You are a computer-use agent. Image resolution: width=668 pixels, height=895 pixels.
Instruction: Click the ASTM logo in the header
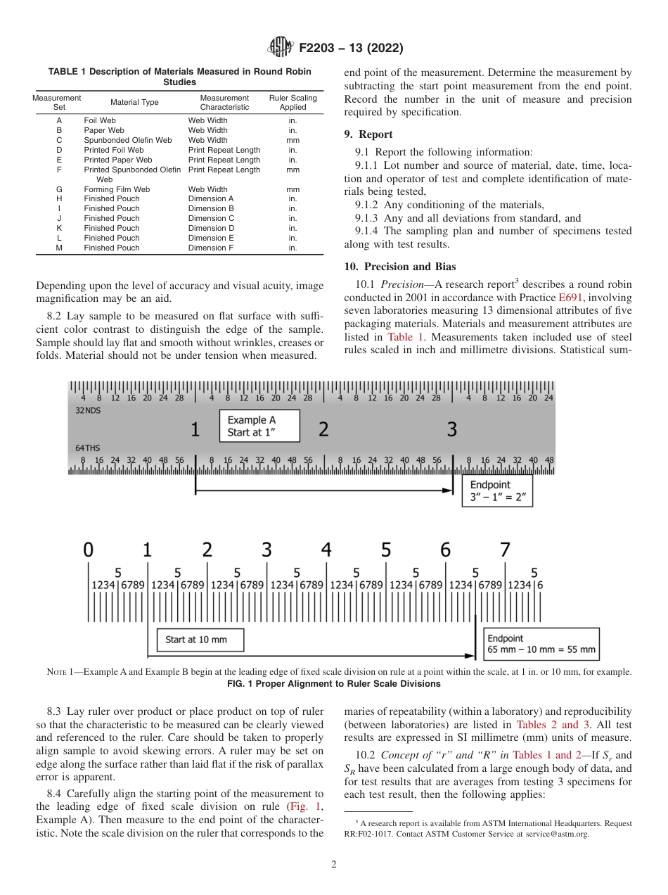pos(281,49)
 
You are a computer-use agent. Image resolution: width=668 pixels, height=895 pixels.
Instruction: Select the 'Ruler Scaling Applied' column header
pos(293,103)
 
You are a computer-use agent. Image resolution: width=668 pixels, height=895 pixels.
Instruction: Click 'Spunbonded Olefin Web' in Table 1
pos(128,140)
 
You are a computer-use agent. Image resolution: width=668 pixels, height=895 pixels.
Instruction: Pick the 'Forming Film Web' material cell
pos(117,189)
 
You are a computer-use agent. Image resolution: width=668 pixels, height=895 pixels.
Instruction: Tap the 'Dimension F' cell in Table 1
pos(211,248)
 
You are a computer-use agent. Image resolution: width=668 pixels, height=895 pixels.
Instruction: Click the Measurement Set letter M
pos(59,248)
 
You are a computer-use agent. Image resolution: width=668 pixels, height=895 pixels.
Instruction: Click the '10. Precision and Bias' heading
pos(399,267)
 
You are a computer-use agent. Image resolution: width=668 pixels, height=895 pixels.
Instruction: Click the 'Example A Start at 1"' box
pos(259,426)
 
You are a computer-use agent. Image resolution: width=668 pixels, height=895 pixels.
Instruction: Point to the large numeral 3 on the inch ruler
pos(452,429)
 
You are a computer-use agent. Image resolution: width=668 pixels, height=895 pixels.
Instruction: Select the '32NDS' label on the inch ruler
pos(88,410)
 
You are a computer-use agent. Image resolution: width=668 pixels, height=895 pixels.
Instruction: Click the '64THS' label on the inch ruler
pos(88,447)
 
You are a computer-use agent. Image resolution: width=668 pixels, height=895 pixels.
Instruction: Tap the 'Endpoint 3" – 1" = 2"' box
pos(497,491)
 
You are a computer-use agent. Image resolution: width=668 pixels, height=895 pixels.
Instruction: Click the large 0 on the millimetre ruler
pos(88,550)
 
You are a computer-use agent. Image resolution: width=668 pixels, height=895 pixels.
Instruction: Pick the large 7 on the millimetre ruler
pos(505,550)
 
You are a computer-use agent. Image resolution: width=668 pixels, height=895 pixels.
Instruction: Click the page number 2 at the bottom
pos(334,865)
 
